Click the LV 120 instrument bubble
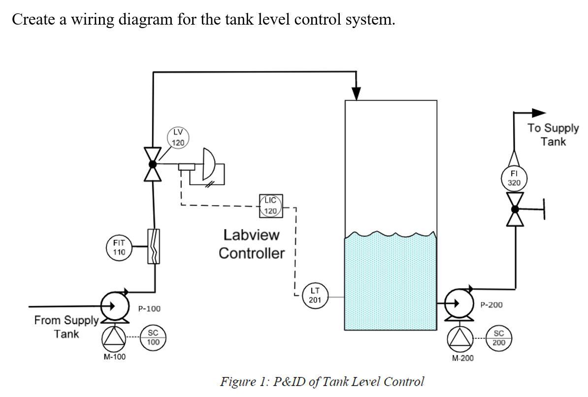(178, 137)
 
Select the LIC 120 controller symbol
(270, 206)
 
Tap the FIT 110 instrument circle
(119, 247)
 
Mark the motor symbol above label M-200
(459, 338)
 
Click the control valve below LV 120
(153, 165)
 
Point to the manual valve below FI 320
(515, 209)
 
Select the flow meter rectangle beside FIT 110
(154, 246)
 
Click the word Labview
(251, 235)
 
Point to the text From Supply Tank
(66, 327)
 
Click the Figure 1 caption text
(322, 382)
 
